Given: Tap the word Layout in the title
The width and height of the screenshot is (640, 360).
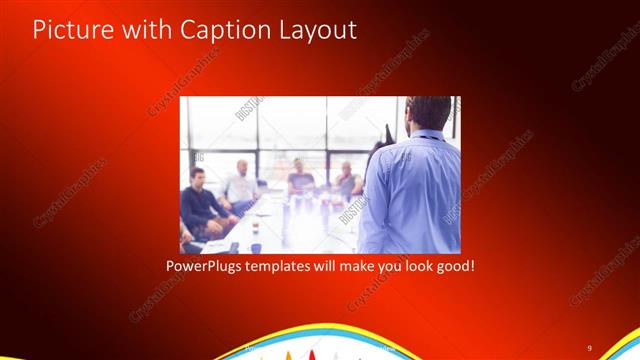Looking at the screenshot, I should click(315, 29).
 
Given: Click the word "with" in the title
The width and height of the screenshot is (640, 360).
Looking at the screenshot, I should click(148, 29).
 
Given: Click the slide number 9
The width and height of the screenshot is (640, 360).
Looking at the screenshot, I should click(589, 346).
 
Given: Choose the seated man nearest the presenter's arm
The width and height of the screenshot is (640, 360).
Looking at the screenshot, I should click(346, 180).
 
